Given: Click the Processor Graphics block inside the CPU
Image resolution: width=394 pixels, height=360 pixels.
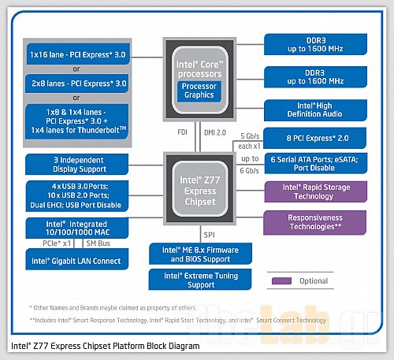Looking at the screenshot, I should [x=198, y=91].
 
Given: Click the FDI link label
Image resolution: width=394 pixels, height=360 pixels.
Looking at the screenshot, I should [x=183, y=132].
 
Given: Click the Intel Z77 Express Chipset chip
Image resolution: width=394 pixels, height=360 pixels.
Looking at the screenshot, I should [x=198, y=190].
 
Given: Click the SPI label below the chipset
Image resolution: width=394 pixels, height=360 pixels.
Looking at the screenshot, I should [x=208, y=235].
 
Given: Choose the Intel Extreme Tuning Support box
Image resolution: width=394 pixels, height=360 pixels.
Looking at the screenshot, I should [x=198, y=279].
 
